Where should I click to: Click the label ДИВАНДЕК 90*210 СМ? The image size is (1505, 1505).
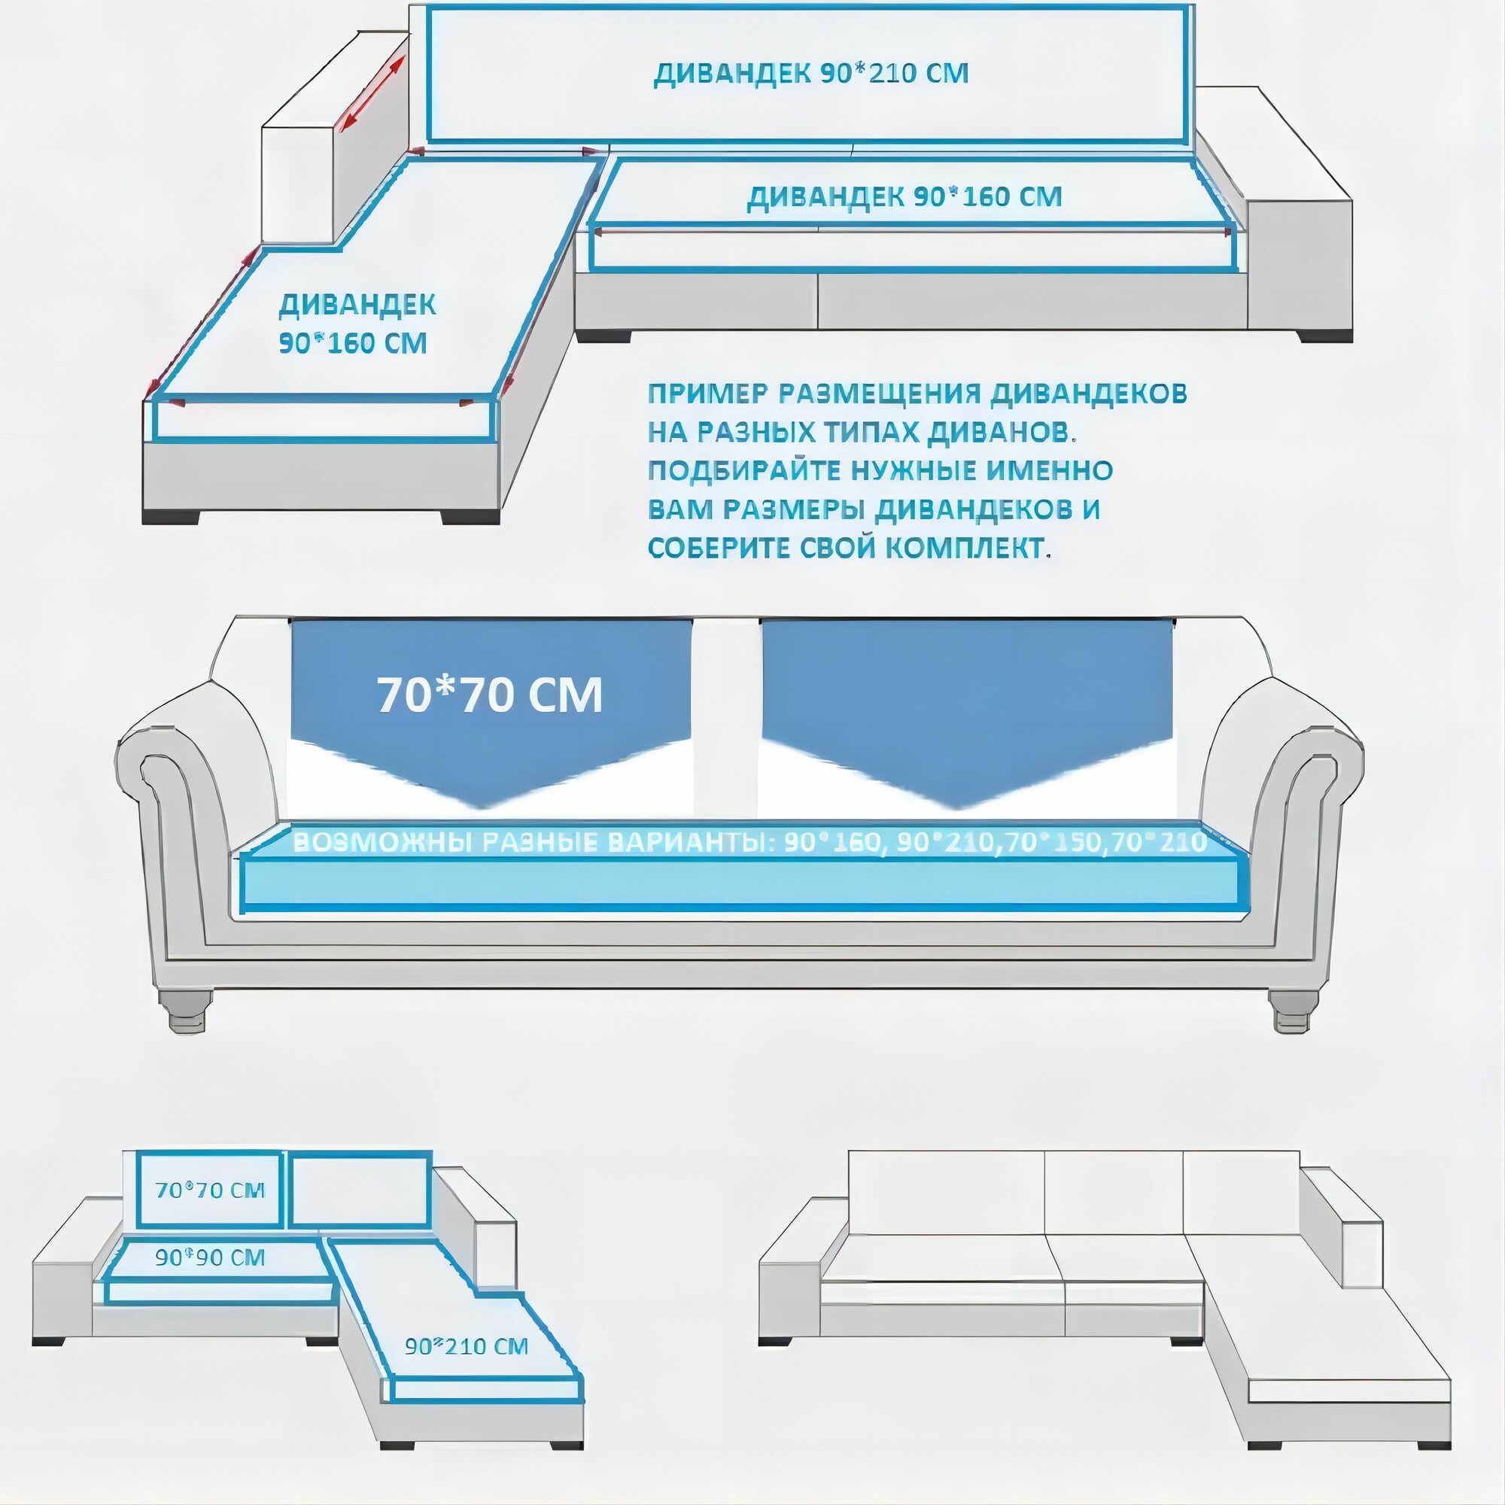pyautogui.click(x=810, y=73)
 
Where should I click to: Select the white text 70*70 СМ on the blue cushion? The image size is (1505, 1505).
pyautogui.click(x=490, y=695)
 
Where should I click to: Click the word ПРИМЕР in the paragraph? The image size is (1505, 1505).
pyautogui.click(x=706, y=394)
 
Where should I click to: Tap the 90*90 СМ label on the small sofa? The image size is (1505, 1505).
pyautogui.click(x=211, y=1257)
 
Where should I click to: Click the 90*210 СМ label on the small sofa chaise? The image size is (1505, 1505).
pyautogui.click(x=466, y=1345)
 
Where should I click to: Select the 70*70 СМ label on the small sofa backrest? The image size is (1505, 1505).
pyautogui.click(x=211, y=1190)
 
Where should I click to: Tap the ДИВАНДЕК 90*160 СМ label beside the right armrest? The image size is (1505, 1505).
pyautogui.click(x=905, y=196)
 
